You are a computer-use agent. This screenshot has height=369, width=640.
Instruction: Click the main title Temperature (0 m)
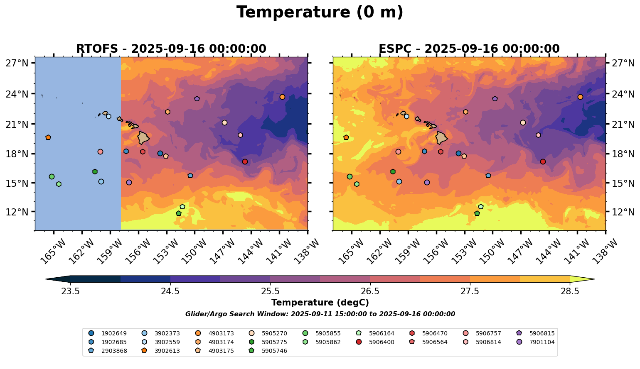point(320,12)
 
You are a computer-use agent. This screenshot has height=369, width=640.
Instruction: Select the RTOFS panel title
point(171,49)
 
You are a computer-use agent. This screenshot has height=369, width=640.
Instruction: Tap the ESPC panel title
point(469,49)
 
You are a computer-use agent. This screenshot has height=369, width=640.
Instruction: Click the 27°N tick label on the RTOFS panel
point(17,63)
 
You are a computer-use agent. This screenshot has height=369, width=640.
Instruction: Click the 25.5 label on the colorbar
point(270,291)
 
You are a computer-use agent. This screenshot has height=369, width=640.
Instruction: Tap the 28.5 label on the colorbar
point(570,291)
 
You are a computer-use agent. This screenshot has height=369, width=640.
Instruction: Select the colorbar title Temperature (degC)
point(320,303)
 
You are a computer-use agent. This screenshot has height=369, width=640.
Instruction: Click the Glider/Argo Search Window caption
point(320,314)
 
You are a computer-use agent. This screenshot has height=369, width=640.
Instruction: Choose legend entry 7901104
point(542,342)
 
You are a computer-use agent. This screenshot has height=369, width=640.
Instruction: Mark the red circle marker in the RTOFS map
point(245,162)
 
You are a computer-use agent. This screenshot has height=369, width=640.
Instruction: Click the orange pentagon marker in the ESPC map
point(346,137)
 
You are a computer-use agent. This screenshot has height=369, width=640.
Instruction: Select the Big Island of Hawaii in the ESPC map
point(441,137)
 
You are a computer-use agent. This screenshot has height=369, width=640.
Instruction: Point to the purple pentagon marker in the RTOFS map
point(197,99)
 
